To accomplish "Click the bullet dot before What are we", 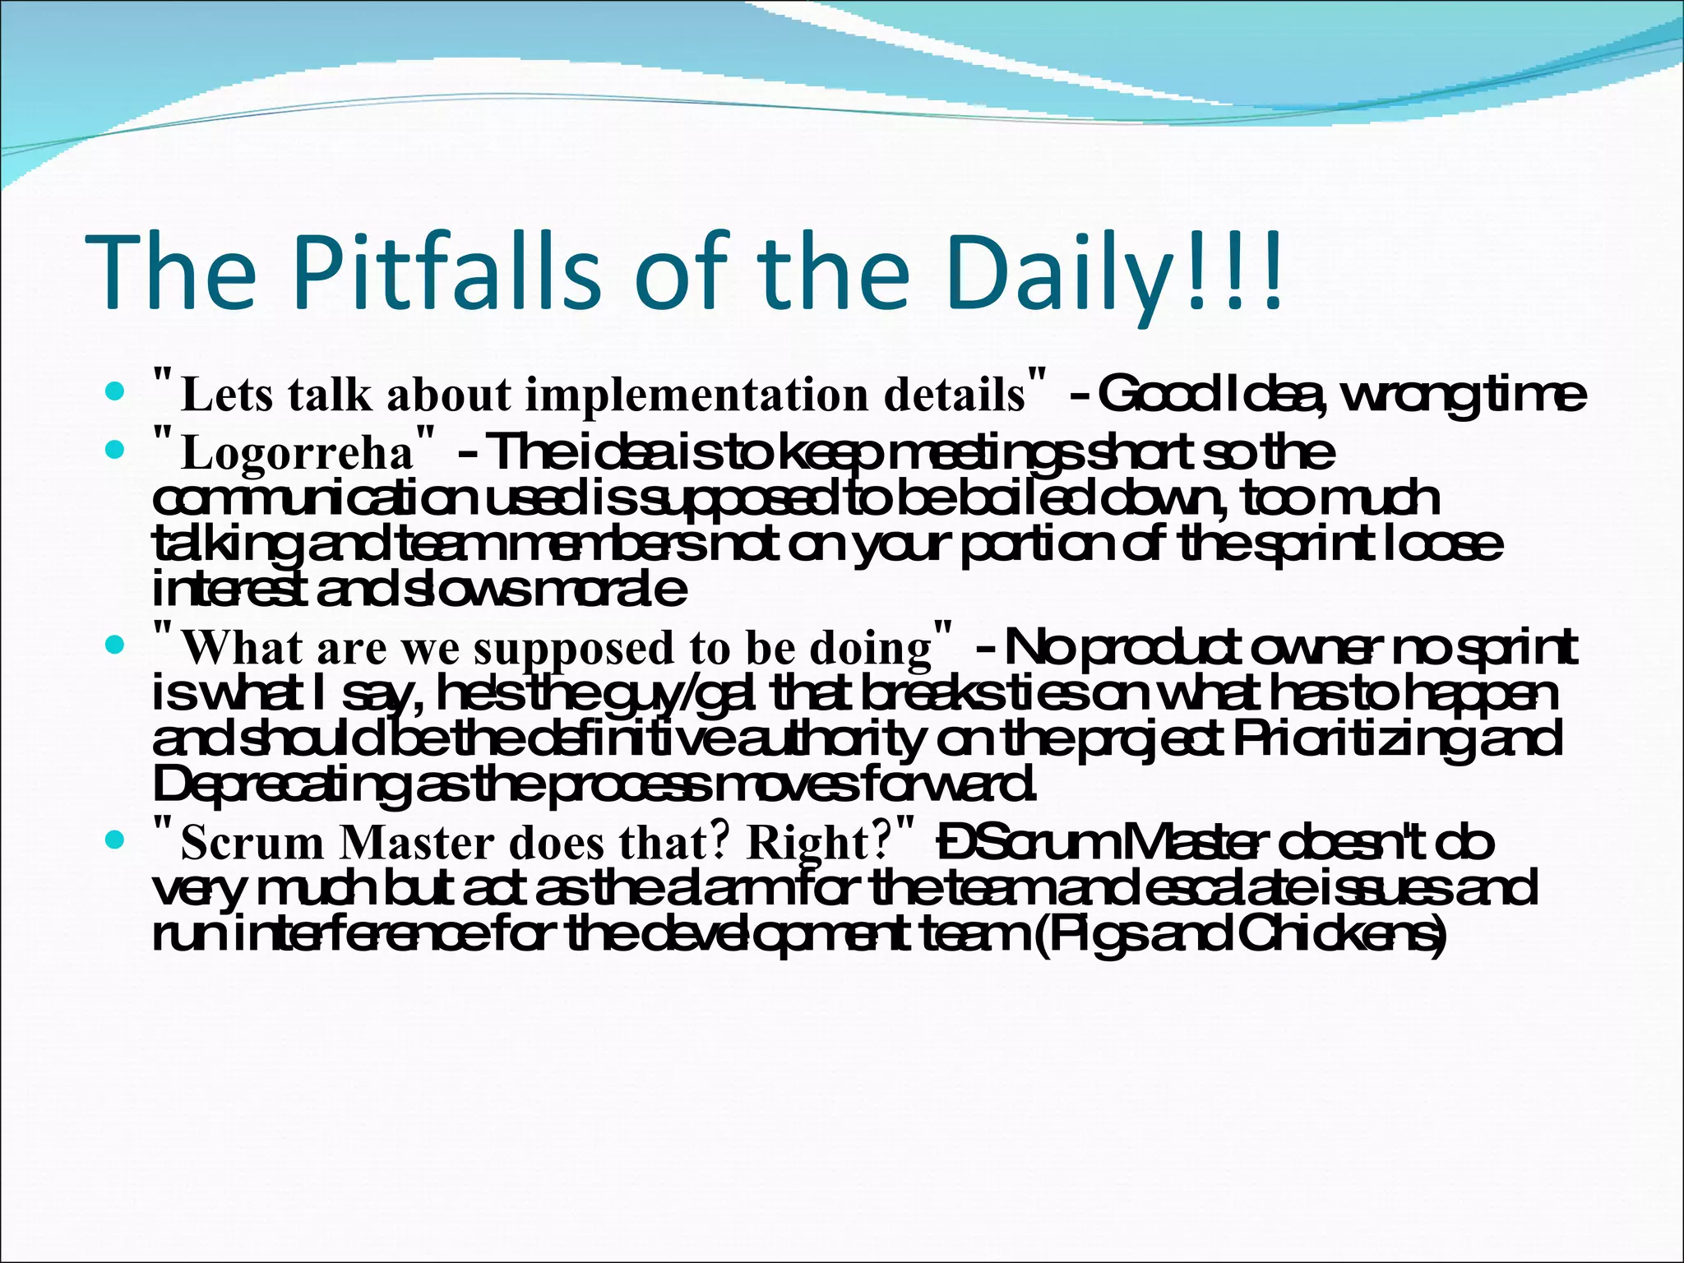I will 116,645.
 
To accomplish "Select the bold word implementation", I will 698,396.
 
